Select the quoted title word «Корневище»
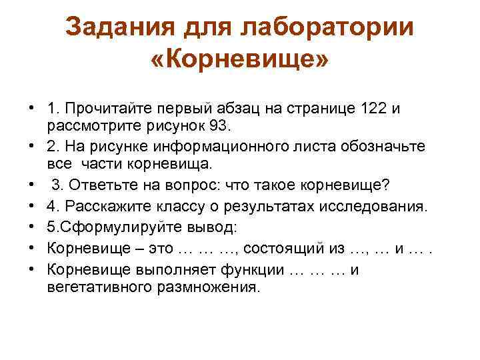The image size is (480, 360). click(x=240, y=61)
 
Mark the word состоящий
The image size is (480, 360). click(x=279, y=249)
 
